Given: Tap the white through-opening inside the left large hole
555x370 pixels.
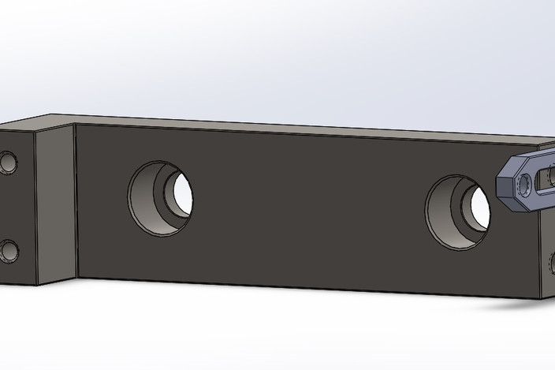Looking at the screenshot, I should point(181,194).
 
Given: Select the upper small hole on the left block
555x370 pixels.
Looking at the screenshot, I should point(9,164).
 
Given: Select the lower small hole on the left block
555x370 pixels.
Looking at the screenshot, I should point(9,252).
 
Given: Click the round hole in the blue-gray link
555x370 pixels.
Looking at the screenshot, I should point(524,185).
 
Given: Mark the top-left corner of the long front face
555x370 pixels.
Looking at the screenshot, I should point(76,125).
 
